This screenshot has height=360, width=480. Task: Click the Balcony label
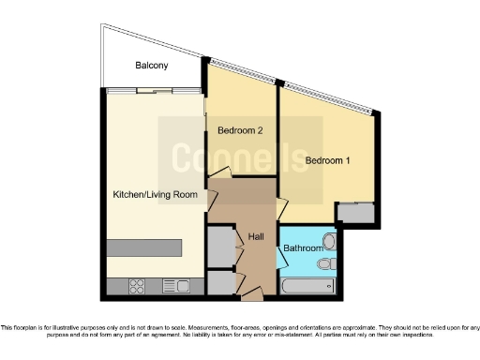151,66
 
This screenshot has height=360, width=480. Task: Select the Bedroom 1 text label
327,160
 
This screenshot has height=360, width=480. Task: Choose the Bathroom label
304,247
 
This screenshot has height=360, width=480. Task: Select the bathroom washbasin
328,241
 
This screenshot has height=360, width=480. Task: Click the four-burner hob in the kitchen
134,286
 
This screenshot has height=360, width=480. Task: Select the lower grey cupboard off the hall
220,282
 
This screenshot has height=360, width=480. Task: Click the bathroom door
280,251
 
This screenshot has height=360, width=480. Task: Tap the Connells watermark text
240,154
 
